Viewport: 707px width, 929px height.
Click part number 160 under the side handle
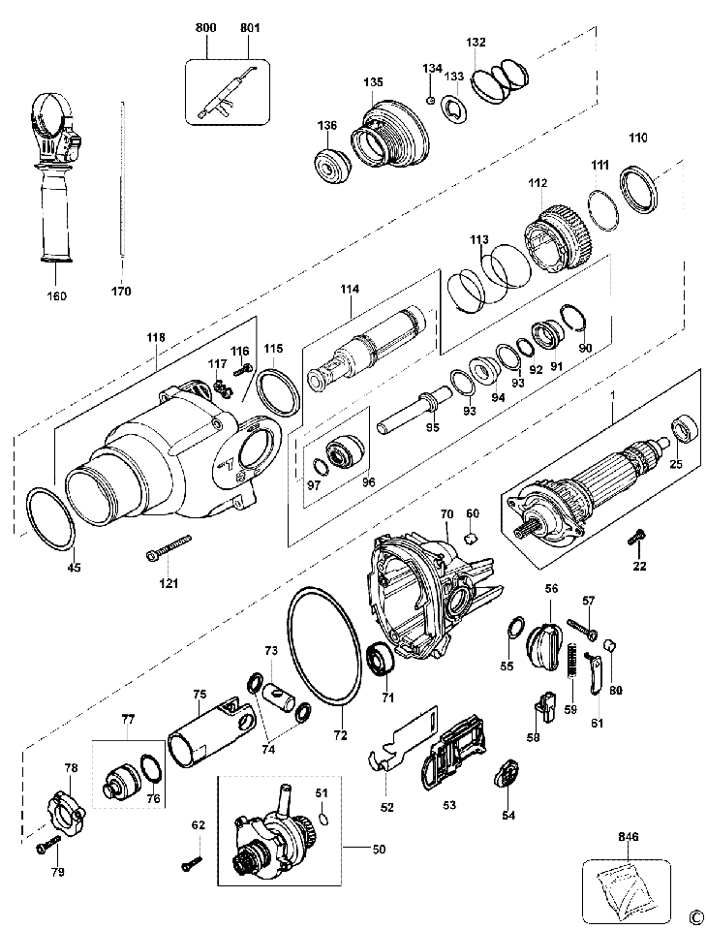coord(57,295)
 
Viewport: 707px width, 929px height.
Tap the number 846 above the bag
coord(626,836)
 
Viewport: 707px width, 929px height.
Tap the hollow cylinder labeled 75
coord(203,739)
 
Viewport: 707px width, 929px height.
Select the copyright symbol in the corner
coord(693,915)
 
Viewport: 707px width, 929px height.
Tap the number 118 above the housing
coord(156,337)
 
